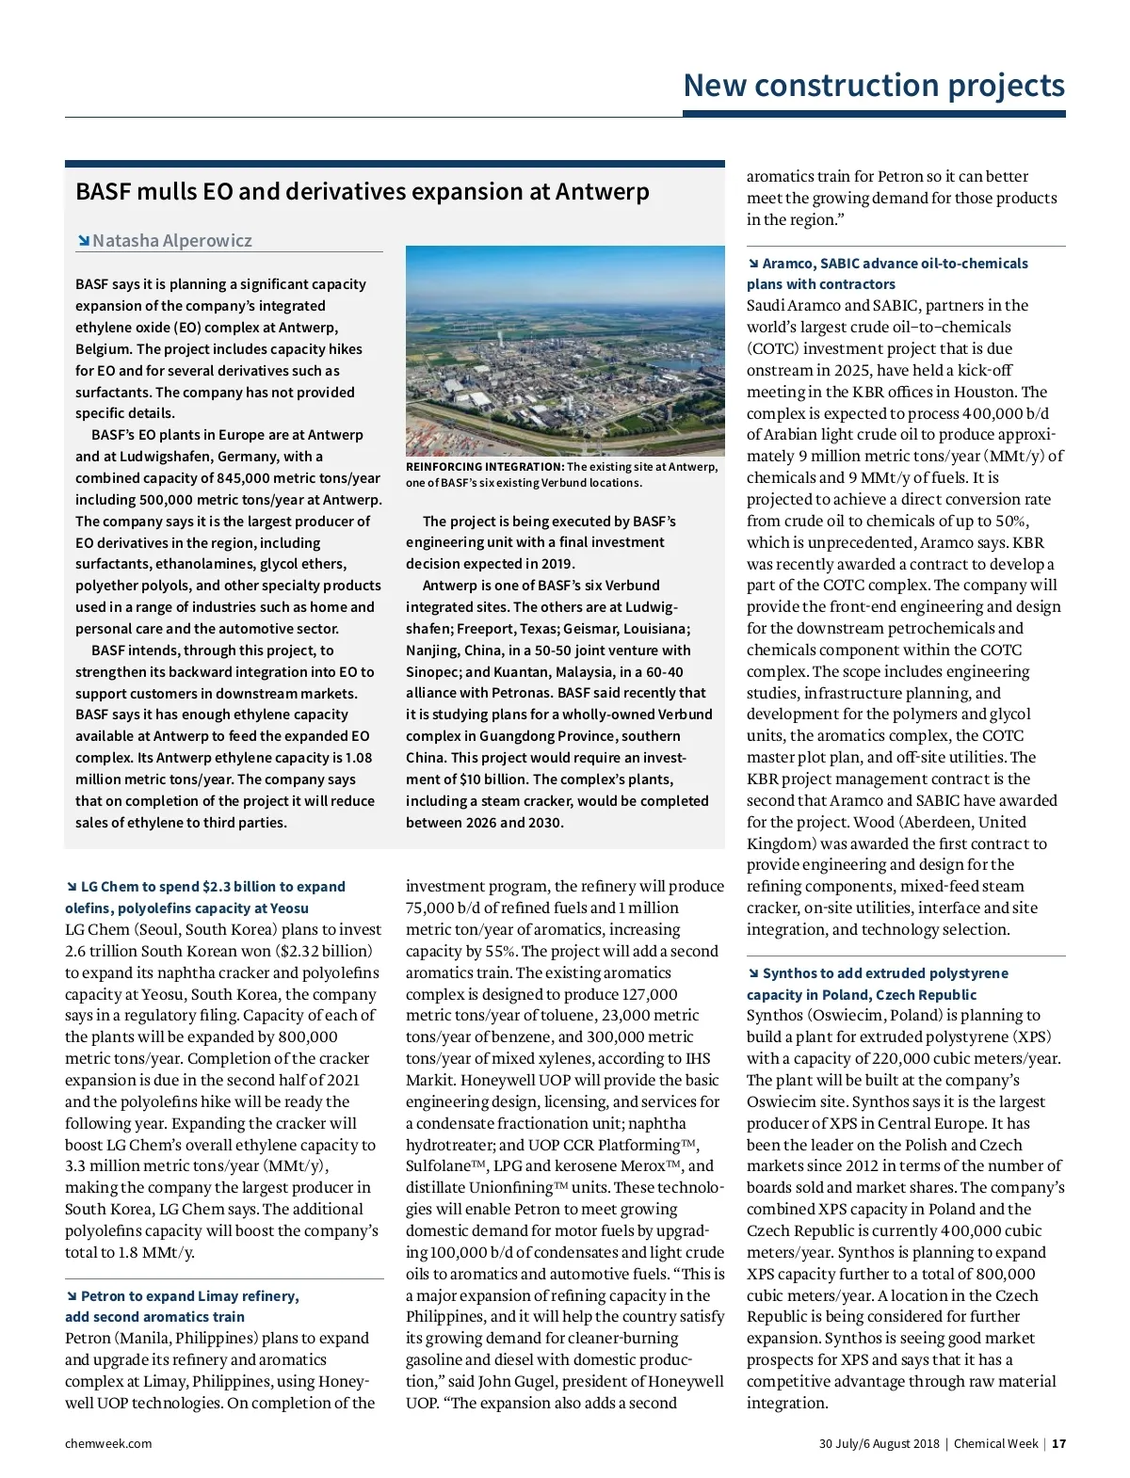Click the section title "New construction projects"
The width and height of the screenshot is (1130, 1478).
pyautogui.click(x=873, y=86)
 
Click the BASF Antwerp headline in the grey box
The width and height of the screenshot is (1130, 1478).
pyautogui.click(x=362, y=192)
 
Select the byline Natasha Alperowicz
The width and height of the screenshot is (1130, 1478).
pyautogui.click(x=171, y=241)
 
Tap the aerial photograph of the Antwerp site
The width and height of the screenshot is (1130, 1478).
pyautogui.click(x=565, y=350)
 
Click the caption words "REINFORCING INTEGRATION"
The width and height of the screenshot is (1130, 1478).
pyautogui.click(x=484, y=467)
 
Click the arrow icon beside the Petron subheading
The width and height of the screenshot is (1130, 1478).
pyautogui.click(x=71, y=1296)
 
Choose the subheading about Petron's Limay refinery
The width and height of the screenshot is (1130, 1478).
pyautogui.click(x=183, y=1307)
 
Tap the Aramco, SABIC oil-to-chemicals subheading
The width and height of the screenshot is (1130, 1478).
pyautogui.click(x=887, y=274)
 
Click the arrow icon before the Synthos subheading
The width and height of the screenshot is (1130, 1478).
pyautogui.click(x=752, y=973)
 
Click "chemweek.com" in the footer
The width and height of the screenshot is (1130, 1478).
pyautogui.click(x=108, y=1444)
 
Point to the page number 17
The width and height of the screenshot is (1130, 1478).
pyautogui.click(x=1059, y=1444)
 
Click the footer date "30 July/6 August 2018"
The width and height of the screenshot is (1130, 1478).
pyautogui.click(x=879, y=1444)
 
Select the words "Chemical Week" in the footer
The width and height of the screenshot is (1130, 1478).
pyautogui.click(x=995, y=1444)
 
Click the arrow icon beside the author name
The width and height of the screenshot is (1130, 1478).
pyautogui.click(x=84, y=241)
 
